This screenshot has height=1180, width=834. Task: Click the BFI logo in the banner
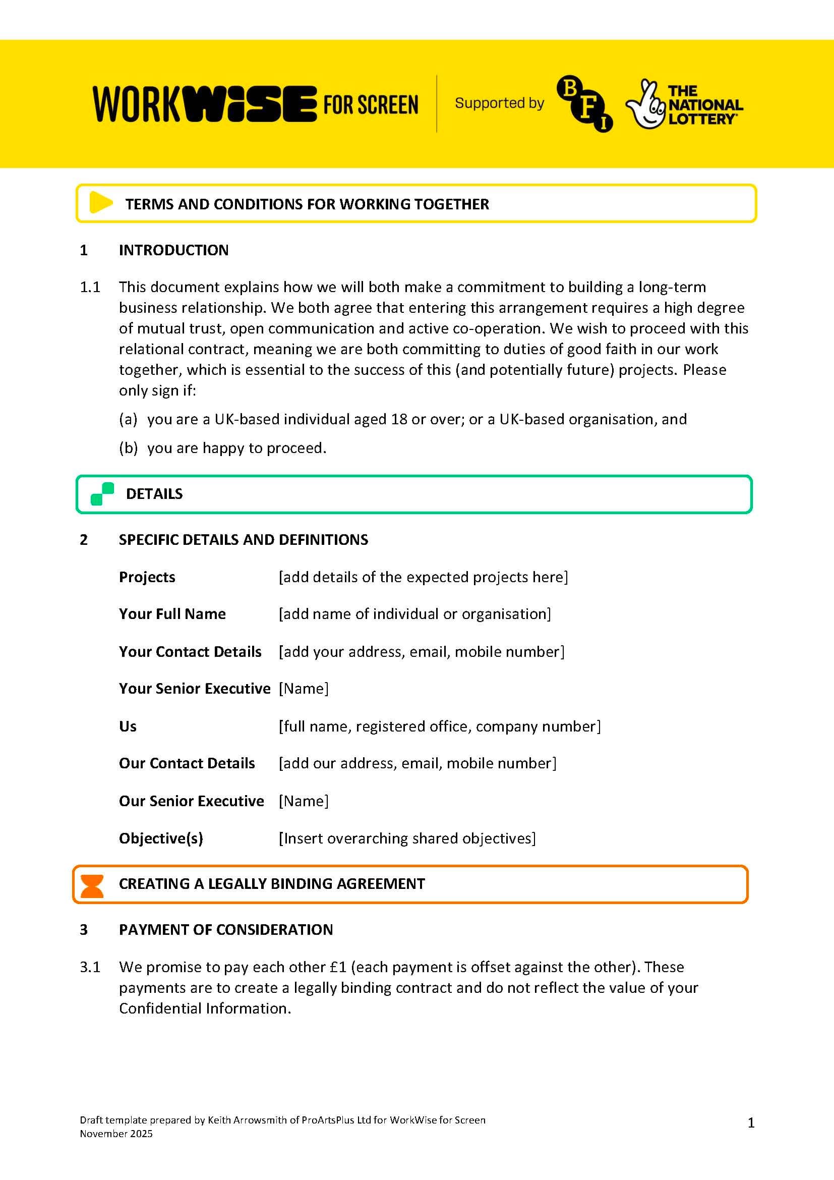[584, 103]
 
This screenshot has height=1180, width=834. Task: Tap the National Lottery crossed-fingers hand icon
[644, 105]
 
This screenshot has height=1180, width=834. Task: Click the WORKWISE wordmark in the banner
[204, 104]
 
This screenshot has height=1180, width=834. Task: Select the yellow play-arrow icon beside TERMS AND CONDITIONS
[101, 202]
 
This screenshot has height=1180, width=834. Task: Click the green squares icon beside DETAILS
[102, 494]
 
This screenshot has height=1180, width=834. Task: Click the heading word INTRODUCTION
[173, 250]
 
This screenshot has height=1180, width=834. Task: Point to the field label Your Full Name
[172, 613]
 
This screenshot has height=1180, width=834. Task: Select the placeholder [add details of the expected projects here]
[423, 577]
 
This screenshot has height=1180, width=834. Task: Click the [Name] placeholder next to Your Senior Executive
[303, 688]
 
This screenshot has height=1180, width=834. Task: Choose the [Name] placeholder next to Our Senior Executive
[303, 801]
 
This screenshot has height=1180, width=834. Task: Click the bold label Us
[128, 726]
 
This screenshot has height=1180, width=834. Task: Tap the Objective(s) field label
[161, 838]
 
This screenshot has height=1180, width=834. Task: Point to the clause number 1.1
[90, 287]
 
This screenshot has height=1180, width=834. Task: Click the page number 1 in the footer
[751, 1123]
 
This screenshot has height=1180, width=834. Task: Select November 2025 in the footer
[116, 1134]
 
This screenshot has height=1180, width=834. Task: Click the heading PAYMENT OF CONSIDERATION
[225, 930]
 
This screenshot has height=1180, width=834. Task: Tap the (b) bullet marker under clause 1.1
[129, 448]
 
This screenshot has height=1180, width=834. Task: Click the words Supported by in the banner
[499, 103]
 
